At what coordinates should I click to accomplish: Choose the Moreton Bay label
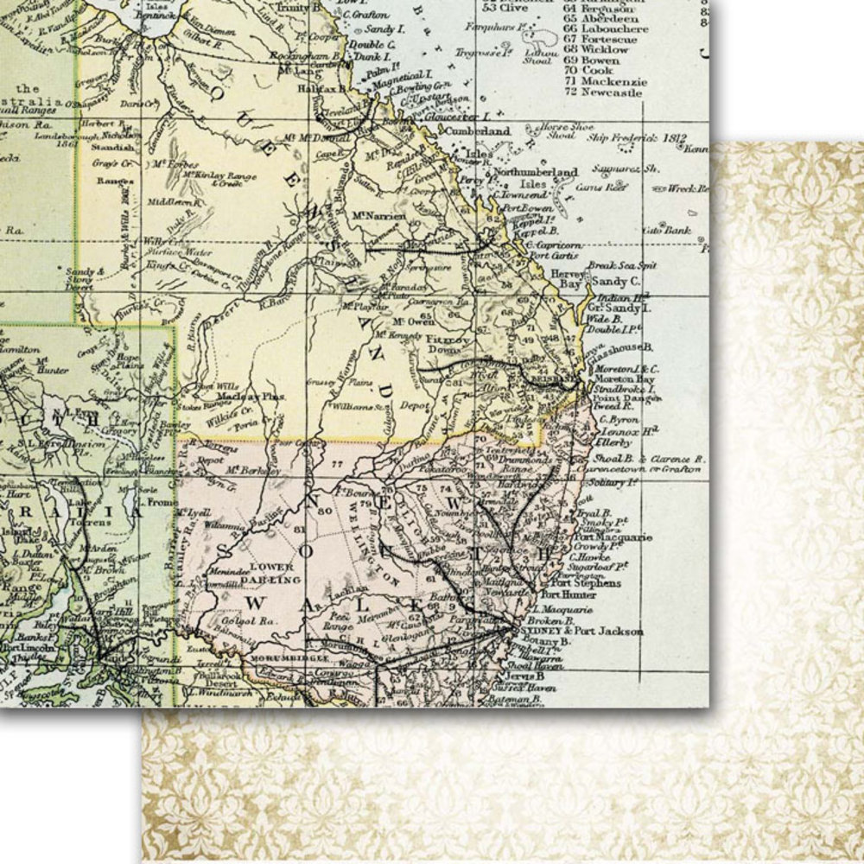click(x=626, y=379)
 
